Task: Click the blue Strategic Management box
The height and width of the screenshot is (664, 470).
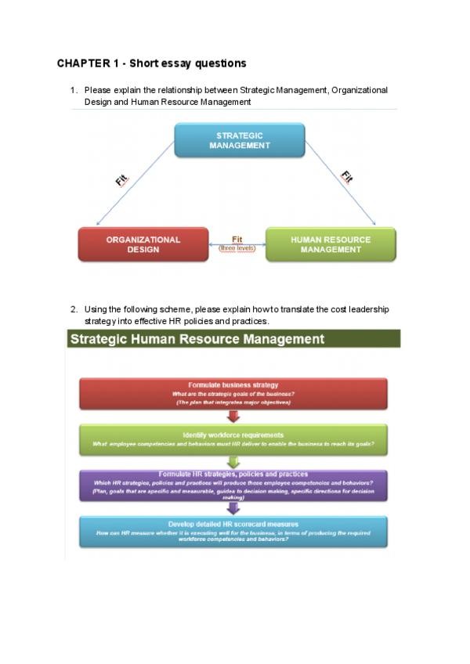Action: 239,140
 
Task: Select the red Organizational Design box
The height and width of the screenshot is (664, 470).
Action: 143,244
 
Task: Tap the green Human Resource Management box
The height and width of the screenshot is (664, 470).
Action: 331,244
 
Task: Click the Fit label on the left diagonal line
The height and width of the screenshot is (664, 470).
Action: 121,180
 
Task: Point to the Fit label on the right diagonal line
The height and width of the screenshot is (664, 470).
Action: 347,177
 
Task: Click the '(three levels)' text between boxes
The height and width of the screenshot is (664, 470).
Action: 237,248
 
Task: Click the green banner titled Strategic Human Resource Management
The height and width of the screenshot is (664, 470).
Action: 233,339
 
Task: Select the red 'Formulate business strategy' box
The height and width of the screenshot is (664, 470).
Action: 233,393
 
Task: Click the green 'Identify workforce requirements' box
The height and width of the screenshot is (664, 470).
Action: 233,438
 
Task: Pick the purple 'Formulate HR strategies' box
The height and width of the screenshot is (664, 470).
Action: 233,485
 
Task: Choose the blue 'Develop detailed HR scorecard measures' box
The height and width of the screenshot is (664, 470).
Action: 233,531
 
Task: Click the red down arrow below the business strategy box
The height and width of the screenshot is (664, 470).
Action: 233,416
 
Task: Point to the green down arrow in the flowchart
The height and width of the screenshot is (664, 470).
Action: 233,462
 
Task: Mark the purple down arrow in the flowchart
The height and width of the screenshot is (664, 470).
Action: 233,508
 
